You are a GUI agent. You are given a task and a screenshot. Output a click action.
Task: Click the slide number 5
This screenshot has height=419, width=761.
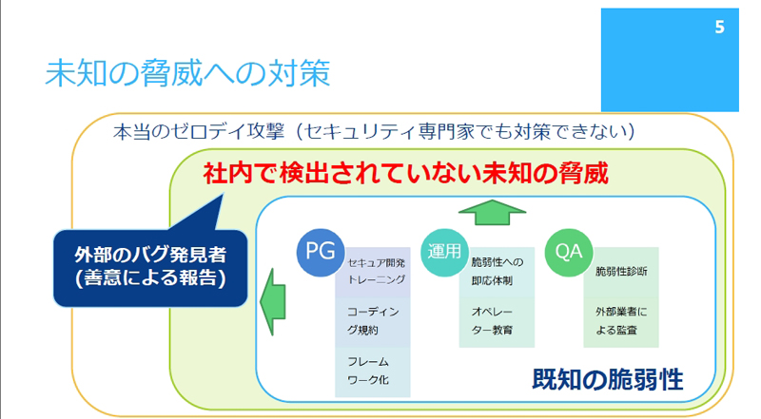[x=719, y=28]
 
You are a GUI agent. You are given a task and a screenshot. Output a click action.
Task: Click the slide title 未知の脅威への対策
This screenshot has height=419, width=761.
[x=187, y=73]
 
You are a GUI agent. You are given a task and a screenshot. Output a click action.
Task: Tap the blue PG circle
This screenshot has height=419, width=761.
[x=321, y=252]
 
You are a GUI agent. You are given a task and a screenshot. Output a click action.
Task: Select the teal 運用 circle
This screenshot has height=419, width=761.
[x=444, y=252]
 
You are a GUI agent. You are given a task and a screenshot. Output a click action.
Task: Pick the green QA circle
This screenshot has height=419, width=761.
[x=568, y=252]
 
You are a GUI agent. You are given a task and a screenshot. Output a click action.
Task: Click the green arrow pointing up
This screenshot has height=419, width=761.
[x=492, y=213]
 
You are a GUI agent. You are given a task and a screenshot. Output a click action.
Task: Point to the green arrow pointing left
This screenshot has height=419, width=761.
[x=273, y=301]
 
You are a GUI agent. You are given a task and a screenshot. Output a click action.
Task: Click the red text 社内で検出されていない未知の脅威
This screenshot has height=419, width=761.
[x=406, y=173]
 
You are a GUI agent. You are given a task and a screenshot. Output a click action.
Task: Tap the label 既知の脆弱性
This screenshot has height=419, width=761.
[x=608, y=379]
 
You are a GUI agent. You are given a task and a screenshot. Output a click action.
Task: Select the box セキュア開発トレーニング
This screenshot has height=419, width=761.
[x=373, y=272]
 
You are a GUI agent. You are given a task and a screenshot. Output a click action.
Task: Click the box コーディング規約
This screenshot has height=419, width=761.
[x=373, y=322]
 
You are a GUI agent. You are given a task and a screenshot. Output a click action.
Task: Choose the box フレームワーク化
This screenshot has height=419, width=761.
[x=373, y=371]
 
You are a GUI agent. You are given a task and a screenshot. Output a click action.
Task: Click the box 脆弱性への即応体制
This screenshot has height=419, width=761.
[x=497, y=272]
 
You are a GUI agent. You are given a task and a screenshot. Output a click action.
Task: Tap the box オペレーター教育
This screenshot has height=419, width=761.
[x=497, y=322]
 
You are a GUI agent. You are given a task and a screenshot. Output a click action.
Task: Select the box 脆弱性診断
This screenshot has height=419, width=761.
[x=621, y=272]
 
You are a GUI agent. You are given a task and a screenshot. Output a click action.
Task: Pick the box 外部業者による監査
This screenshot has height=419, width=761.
[x=621, y=322]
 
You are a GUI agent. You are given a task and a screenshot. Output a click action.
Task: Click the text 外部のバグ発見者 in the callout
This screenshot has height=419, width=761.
[x=150, y=255]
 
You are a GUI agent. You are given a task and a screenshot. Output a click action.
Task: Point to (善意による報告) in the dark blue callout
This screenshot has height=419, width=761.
[x=150, y=277]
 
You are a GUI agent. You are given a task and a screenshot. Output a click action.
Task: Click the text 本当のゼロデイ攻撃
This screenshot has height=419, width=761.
[x=199, y=131]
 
